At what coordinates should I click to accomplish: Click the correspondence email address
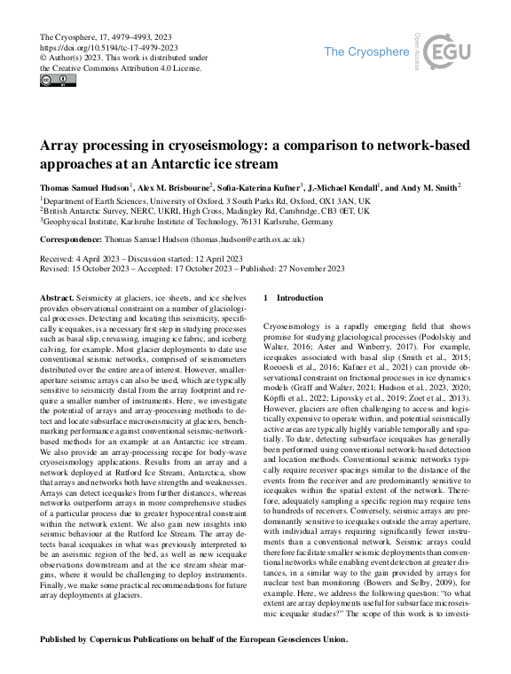[245, 239]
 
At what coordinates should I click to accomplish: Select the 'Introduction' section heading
[300, 298]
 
